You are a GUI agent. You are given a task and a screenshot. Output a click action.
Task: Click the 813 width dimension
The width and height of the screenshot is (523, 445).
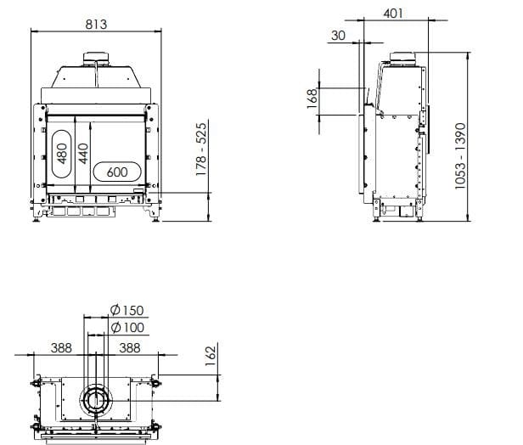(96, 24)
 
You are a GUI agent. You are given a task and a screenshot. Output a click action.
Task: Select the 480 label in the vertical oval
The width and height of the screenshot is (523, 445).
(62, 154)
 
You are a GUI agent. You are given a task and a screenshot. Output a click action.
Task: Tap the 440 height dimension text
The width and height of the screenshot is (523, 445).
(83, 154)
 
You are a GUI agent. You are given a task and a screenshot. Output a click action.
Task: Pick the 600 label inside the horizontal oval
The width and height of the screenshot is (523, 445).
(117, 172)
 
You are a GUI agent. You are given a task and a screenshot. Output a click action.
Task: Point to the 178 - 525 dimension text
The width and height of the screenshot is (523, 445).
(201, 149)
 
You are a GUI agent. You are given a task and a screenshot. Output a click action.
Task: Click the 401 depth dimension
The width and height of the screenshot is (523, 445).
(394, 13)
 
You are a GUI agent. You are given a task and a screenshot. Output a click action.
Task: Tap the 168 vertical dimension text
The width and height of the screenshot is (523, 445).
(311, 100)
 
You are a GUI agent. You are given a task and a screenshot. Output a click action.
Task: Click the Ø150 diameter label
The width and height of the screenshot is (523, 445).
(127, 310)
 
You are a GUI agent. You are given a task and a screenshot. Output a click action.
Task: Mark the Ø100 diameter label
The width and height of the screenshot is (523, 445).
(127, 327)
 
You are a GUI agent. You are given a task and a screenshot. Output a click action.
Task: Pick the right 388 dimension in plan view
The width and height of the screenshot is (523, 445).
(129, 347)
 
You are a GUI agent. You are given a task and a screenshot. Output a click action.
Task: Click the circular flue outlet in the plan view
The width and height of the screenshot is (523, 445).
(95, 400)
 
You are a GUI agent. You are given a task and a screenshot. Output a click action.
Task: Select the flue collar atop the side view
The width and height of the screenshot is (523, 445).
(400, 59)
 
